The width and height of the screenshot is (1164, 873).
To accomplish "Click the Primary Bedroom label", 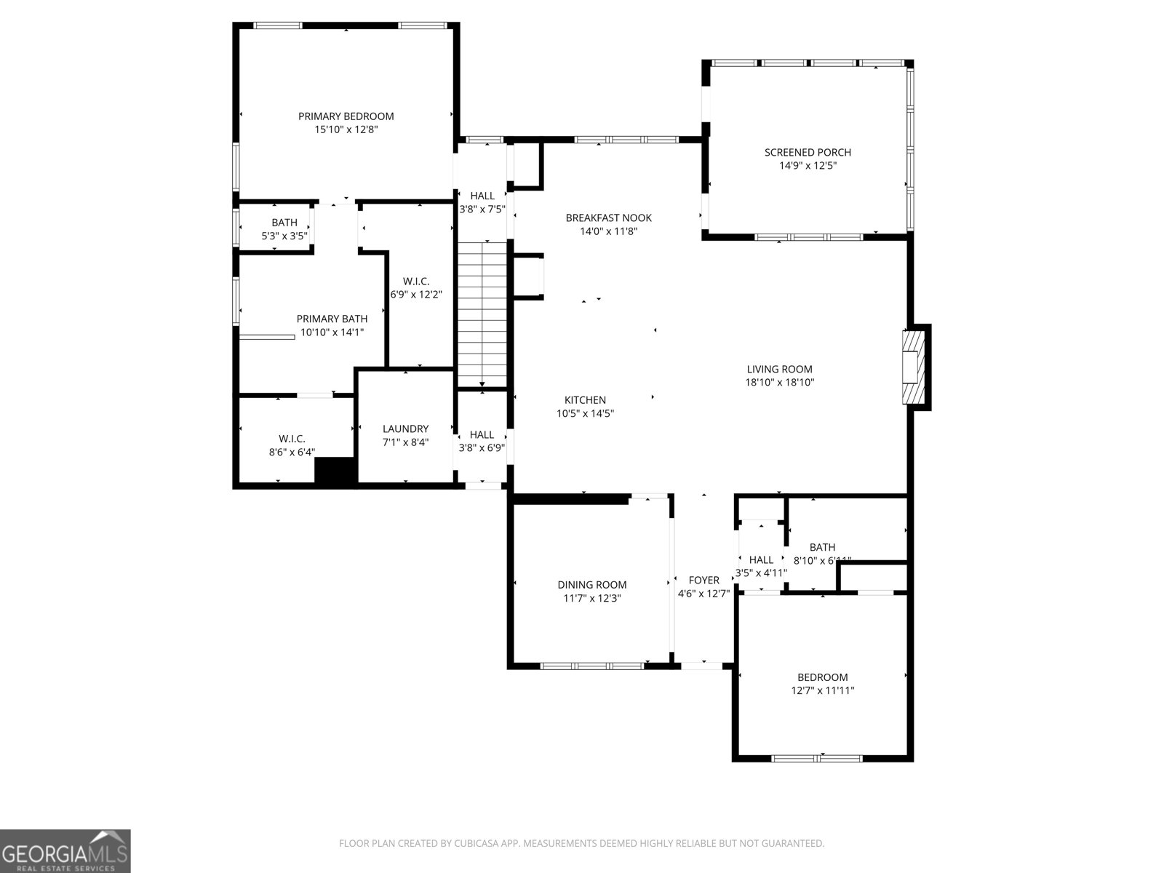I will click(x=346, y=116).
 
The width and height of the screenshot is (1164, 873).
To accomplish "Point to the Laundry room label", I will click(x=405, y=429).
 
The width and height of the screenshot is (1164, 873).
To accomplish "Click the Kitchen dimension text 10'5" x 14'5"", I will click(x=585, y=413).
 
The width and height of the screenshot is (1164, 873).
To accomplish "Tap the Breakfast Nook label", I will click(x=608, y=218).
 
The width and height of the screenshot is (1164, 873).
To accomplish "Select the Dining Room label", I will click(x=591, y=585).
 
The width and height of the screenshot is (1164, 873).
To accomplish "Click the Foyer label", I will click(x=703, y=580).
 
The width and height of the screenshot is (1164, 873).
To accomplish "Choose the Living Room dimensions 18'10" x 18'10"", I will click(x=779, y=382).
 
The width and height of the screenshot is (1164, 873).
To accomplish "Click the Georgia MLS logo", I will click(x=65, y=850).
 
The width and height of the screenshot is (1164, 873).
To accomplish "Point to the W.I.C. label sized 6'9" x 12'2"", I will click(x=416, y=282).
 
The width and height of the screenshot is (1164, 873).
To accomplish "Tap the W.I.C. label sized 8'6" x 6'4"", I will click(x=292, y=439).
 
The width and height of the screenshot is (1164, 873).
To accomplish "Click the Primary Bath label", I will click(x=332, y=319).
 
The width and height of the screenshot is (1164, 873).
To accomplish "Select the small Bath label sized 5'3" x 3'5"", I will click(x=284, y=223).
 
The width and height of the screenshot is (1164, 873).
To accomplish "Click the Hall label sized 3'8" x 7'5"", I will click(x=482, y=196).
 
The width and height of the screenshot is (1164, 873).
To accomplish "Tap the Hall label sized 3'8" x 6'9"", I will click(x=482, y=435).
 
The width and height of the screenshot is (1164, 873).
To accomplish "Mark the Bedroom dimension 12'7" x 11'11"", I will click(x=822, y=690).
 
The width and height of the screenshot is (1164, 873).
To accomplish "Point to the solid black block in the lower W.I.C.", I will click(x=335, y=471).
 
